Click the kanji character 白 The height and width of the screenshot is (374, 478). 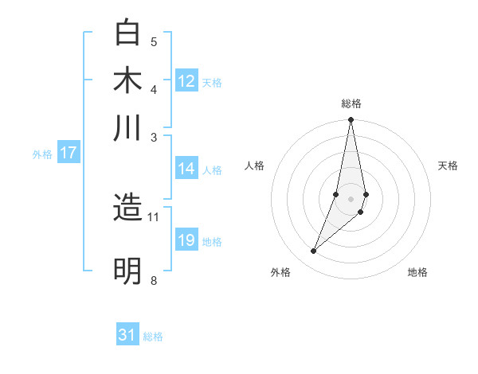[127, 33]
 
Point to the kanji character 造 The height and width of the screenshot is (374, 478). [127, 208]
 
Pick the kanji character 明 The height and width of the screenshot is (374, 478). [127, 271]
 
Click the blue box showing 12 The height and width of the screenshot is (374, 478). [186, 81]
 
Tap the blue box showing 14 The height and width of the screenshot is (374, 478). [186, 169]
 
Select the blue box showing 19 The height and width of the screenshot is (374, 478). [186, 240]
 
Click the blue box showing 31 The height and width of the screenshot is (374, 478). [127, 335]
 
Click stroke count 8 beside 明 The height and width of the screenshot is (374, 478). [153, 280]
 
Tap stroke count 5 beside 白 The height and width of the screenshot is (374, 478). [153, 42]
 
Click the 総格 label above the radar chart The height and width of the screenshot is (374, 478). [351, 103]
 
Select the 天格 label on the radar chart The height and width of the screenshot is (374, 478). [448, 166]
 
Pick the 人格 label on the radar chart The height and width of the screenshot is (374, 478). [255, 166]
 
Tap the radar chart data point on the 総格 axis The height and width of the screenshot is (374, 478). [351, 120]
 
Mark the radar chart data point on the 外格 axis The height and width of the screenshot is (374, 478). [314, 251]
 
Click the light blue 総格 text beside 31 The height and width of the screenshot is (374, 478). [153, 337]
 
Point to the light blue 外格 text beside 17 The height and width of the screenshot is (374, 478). [42, 154]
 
